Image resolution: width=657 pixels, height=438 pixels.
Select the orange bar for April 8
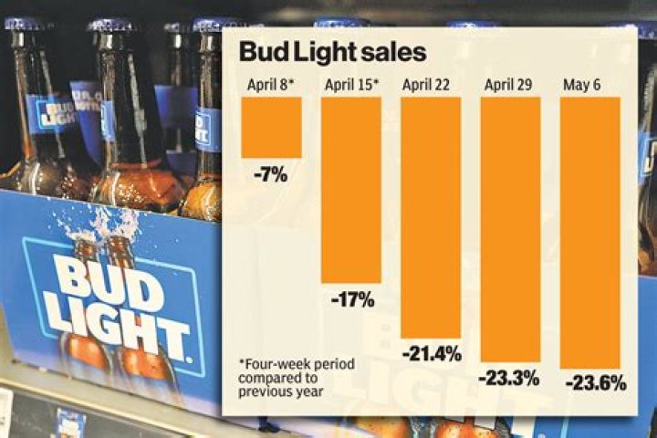pos(271,127)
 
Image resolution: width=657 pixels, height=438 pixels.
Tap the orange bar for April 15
pos(351,189)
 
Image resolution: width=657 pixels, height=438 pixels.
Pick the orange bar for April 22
pos(431,216)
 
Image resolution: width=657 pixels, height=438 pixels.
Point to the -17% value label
pos(351,298)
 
